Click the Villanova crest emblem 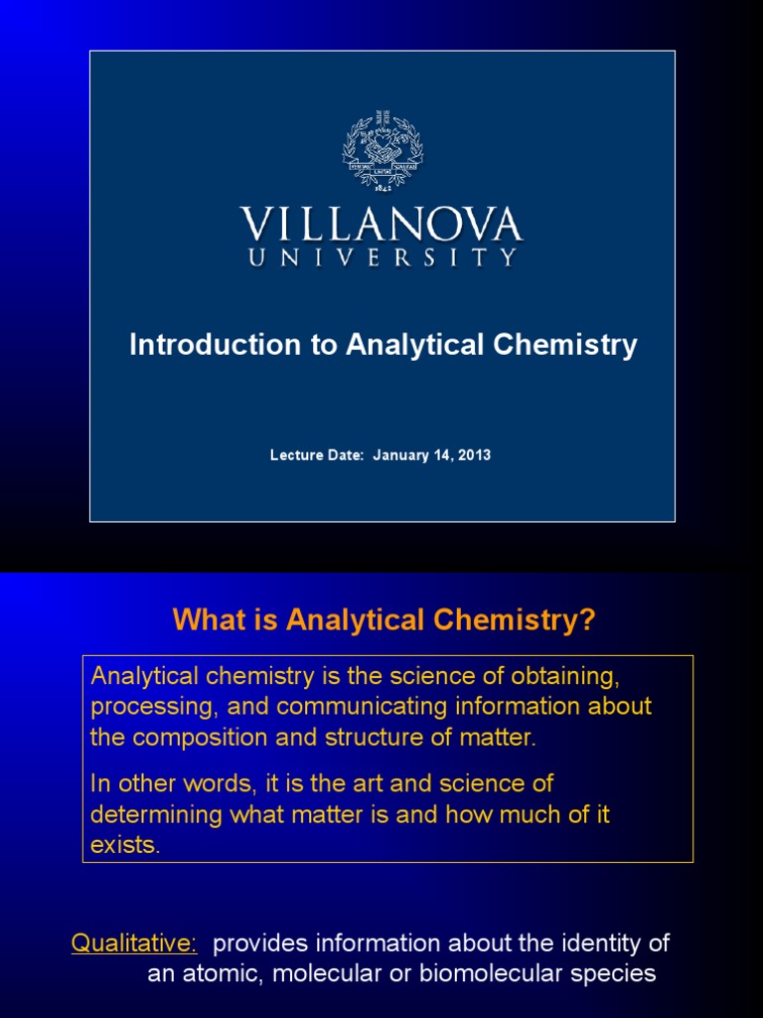tap(382, 155)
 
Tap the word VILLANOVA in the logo tap(381, 225)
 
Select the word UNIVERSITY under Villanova tap(381, 257)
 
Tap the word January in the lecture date tap(401, 455)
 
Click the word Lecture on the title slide tap(295, 455)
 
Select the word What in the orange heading tap(207, 620)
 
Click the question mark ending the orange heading tap(587, 620)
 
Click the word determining tap(151, 815)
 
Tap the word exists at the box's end tap(123, 846)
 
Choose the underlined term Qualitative tap(134, 942)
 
